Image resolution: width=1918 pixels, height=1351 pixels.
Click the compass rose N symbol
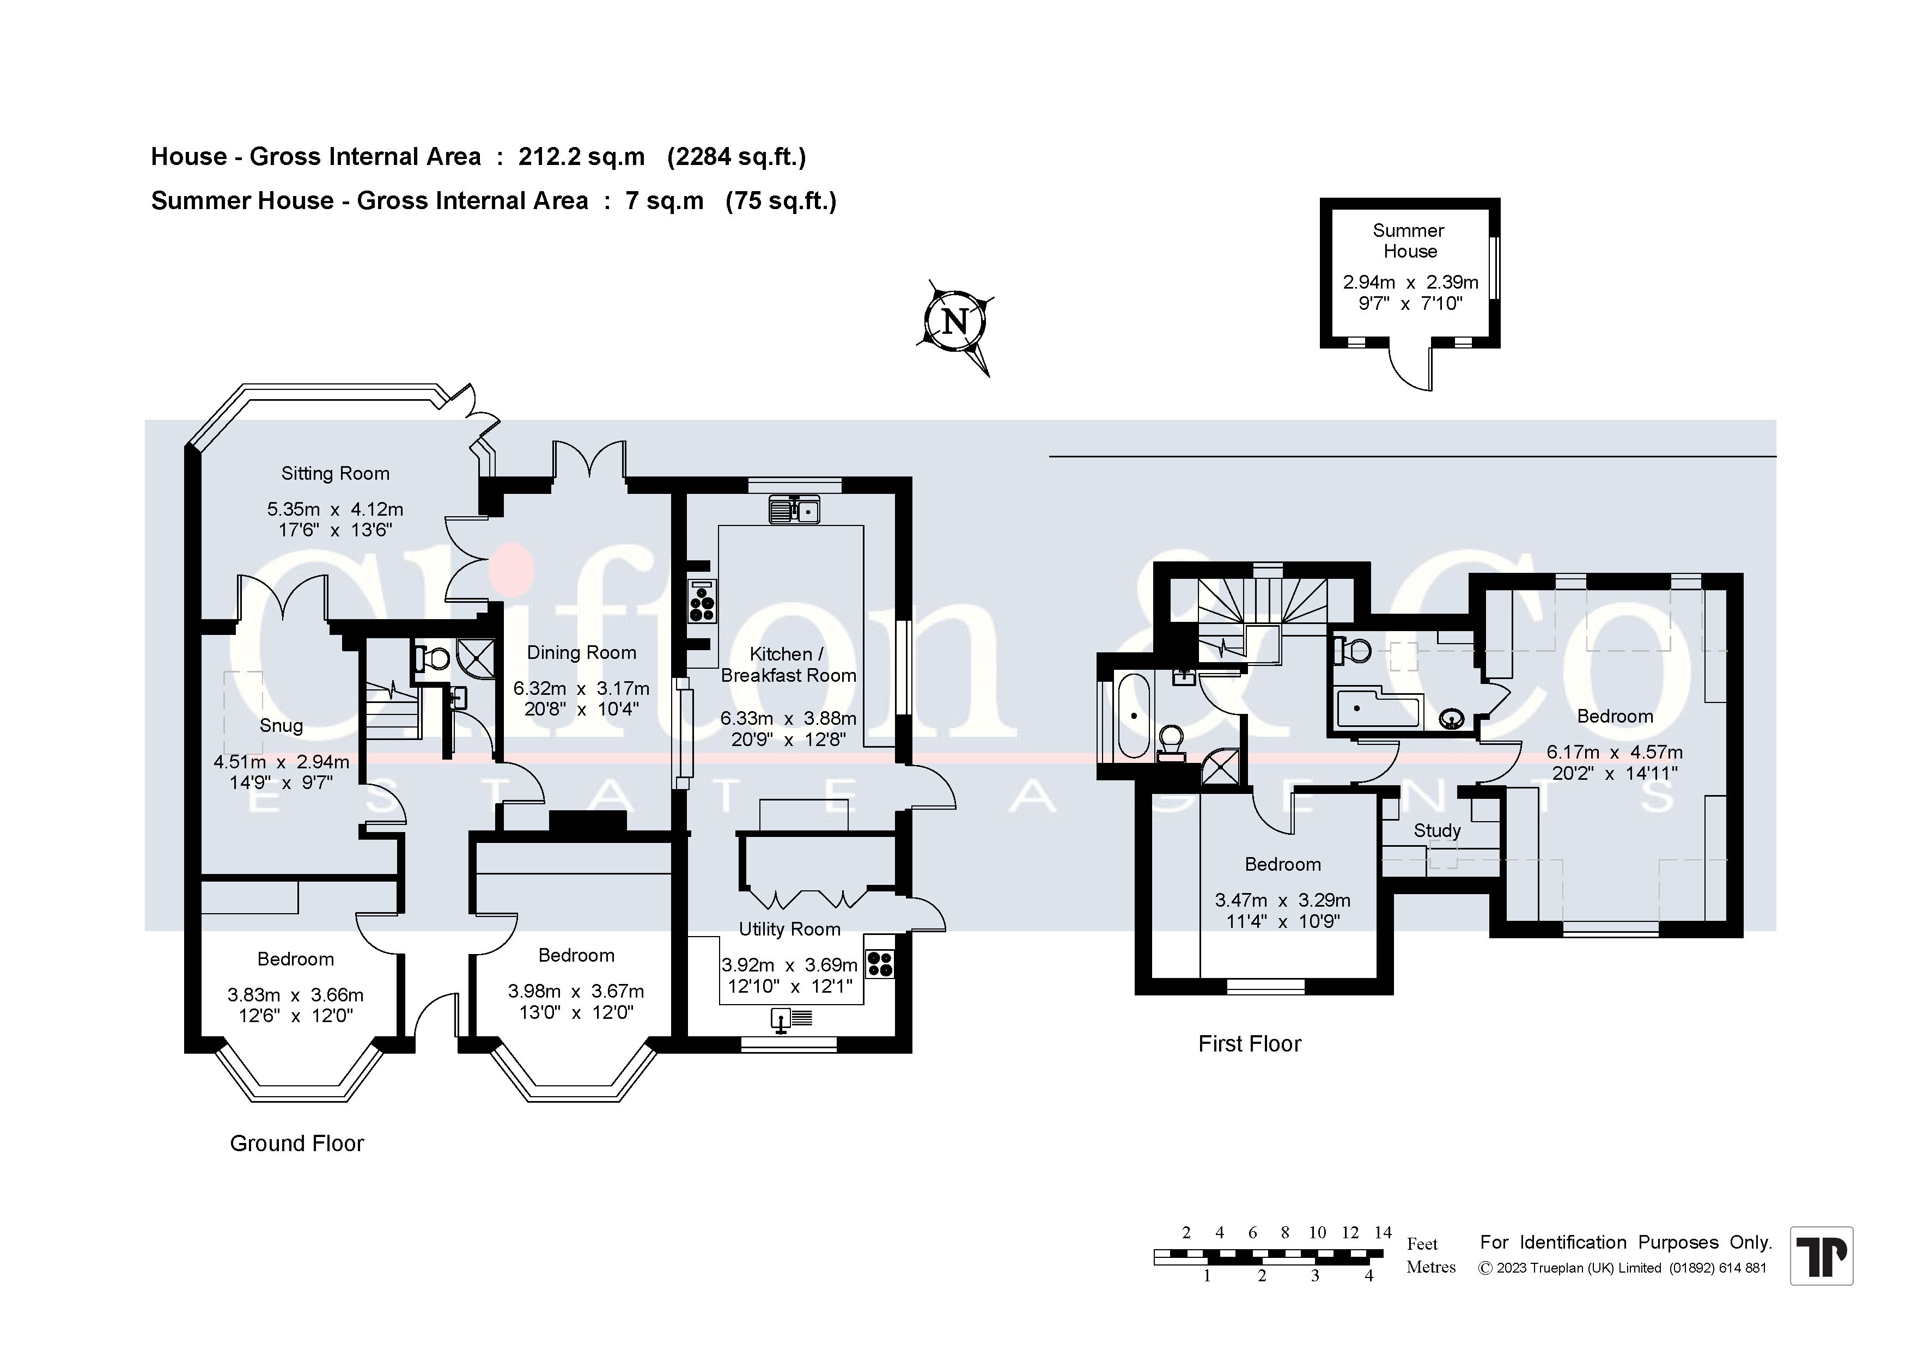(x=955, y=321)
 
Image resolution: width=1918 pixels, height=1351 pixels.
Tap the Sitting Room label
(x=335, y=473)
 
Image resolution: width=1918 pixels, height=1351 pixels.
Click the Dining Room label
(x=581, y=652)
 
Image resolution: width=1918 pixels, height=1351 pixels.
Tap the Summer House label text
(x=1409, y=241)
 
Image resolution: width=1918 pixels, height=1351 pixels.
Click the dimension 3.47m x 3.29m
(x=1282, y=900)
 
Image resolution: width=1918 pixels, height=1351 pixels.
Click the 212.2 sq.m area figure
(x=581, y=157)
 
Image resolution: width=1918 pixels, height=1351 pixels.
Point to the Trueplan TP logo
(x=1821, y=1255)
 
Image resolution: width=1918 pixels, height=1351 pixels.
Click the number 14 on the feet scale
(x=1384, y=1232)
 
